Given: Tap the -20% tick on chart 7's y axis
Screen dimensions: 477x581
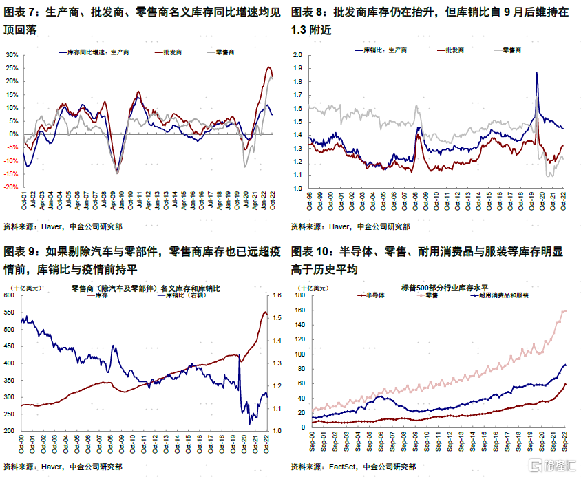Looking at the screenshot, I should point(11,187).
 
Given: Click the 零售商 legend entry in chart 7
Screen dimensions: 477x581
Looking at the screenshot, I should point(224,52).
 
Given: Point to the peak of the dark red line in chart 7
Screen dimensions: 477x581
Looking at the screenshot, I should point(268,67).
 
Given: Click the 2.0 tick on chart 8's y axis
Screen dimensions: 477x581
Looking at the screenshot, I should point(299,55).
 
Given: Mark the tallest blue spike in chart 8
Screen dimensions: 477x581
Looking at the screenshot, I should point(536,73).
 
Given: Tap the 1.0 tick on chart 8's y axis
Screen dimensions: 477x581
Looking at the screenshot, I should point(299,187).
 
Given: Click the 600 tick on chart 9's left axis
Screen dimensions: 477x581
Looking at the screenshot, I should point(10,295).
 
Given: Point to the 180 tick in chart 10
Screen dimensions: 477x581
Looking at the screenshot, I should point(300,295).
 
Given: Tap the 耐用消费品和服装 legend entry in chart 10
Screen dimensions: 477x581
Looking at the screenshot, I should point(503,295).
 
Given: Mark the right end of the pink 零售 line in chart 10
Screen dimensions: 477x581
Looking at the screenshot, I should point(566,310).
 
